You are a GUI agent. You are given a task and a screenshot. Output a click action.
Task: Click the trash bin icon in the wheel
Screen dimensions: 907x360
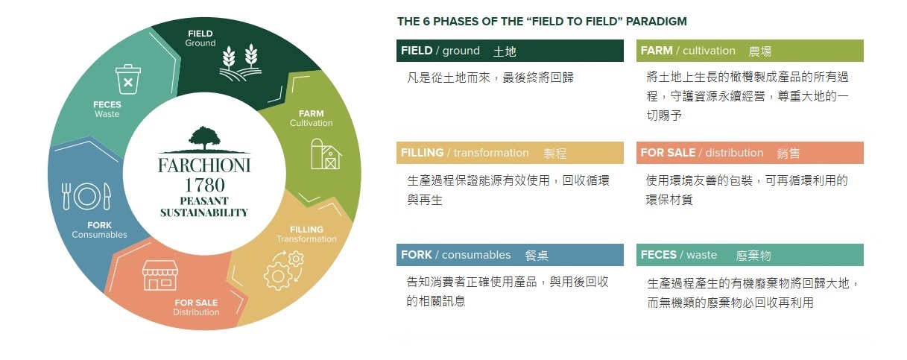(128, 79)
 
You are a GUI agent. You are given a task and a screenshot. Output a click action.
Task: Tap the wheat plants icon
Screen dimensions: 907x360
(241, 62)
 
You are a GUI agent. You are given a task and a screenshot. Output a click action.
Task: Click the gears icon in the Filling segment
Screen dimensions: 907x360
(284, 270)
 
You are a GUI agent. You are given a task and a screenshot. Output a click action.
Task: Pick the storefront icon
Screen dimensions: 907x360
(160, 275)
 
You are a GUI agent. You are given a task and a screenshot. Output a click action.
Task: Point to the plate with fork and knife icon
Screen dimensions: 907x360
(86, 196)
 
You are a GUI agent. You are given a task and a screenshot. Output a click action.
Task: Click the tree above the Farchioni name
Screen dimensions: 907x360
(204, 139)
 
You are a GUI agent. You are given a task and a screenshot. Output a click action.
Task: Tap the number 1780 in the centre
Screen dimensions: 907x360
(204, 185)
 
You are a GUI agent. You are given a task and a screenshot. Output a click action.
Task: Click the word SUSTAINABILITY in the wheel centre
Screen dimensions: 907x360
(204, 212)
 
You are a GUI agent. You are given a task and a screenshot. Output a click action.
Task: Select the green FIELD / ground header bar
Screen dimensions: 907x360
(510, 51)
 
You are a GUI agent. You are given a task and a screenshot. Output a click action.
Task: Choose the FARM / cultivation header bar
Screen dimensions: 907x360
(750, 51)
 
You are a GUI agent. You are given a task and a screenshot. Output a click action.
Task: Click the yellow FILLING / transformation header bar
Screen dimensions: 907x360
(510, 153)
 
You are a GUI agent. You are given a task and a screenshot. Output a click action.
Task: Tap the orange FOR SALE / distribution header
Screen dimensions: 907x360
(750, 153)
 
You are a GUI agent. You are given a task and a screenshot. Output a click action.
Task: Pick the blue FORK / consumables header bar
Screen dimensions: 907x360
(510, 255)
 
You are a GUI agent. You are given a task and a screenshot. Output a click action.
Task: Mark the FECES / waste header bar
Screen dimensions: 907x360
(750, 255)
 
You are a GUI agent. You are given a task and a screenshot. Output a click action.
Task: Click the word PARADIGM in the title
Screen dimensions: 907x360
(657, 22)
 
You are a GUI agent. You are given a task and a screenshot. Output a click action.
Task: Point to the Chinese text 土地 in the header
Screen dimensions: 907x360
(505, 51)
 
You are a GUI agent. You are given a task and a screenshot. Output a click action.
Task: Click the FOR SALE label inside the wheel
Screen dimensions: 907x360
(196, 303)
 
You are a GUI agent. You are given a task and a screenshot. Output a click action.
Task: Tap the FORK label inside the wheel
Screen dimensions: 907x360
(99, 225)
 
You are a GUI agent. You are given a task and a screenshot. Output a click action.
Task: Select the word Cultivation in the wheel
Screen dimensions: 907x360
(311, 123)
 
